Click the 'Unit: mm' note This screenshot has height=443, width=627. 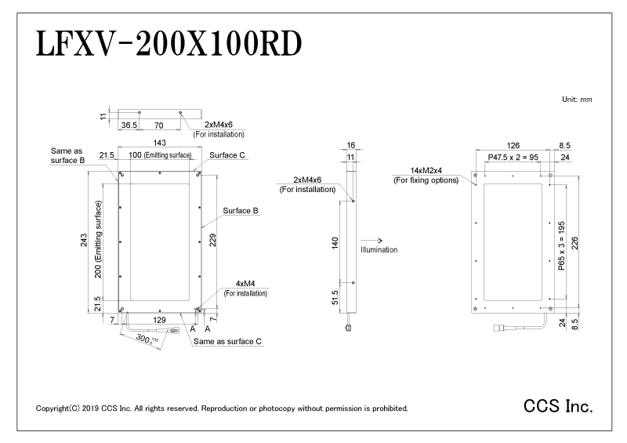[577, 100]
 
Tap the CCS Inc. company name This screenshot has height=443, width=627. [557, 408]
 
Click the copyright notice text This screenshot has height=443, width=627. [222, 409]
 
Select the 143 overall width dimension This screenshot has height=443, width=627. [159, 143]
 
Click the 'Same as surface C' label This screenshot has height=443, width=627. [227, 343]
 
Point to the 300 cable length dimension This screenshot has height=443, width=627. [143, 339]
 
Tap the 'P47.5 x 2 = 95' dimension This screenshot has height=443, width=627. [513, 157]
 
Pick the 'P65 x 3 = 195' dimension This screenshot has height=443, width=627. [561, 245]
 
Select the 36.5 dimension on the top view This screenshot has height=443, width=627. [129, 124]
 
